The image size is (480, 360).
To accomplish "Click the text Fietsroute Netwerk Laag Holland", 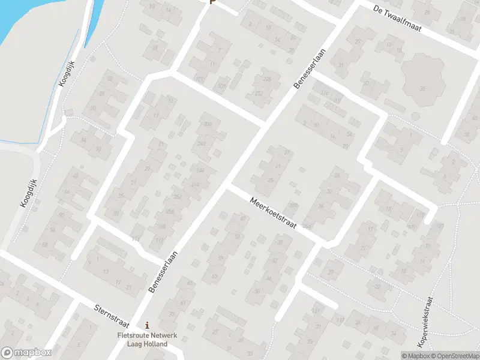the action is point(147,340).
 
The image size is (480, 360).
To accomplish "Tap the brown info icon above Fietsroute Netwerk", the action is point(147,325).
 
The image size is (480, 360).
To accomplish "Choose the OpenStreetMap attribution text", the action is point(454,355).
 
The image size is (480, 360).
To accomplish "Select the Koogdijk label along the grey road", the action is point(28,194).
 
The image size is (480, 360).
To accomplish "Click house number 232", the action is point(259,94).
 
